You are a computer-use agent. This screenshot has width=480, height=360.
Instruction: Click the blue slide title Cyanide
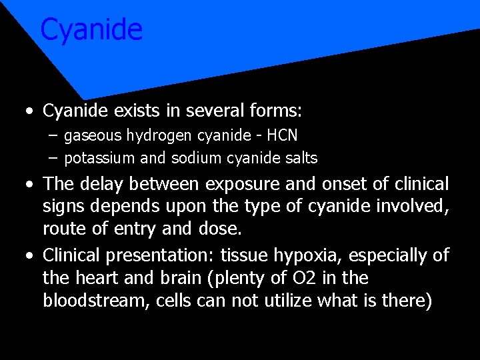[x=91, y=30]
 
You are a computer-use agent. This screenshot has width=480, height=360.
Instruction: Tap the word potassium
[x=95, y=159]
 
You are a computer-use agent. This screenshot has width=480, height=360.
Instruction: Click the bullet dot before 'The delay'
[x=26, y=185]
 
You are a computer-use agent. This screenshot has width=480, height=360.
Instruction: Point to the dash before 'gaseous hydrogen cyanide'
[x=53, y=136]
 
